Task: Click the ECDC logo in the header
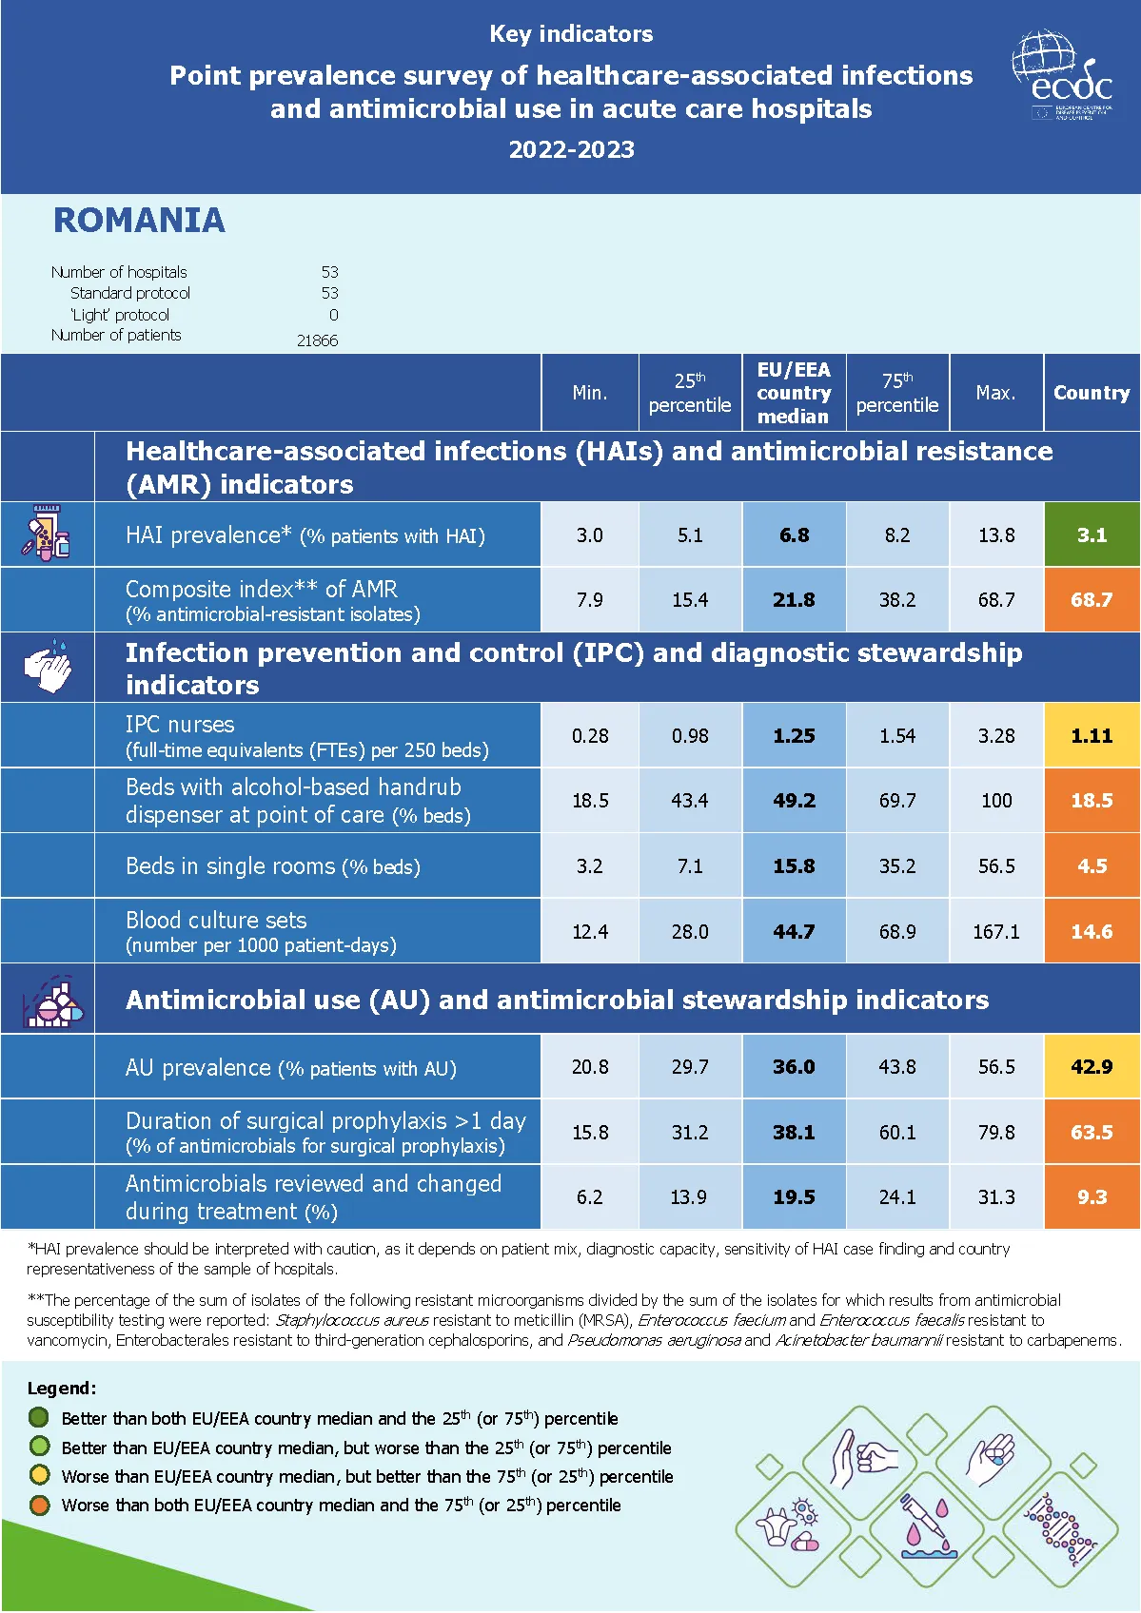1062,76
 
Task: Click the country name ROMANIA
139,221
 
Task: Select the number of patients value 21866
317,340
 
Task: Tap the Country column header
1092,393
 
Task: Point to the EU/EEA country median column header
794,393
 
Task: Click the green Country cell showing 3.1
1092,535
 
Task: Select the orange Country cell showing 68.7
1092,600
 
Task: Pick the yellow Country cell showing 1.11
1092,736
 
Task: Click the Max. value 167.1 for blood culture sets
995,932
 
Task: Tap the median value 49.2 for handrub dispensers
794,801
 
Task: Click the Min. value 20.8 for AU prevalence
590,1067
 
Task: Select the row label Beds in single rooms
272,866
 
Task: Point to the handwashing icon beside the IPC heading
48,667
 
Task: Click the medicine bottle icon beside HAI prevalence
46,534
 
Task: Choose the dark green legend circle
39,1417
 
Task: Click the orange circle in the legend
39,1505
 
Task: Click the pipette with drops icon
924,1527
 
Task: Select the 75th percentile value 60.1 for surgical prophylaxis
897,1133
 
